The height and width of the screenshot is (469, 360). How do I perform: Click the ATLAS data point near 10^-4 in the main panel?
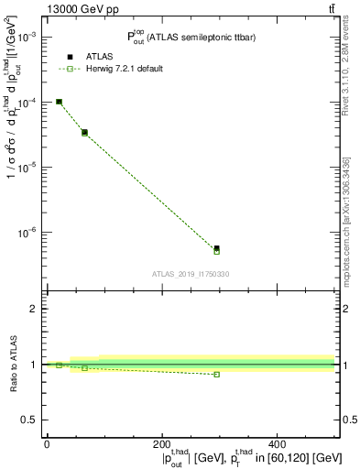tap(59, 102)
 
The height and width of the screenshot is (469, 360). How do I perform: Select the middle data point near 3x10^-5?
tap(84, 133)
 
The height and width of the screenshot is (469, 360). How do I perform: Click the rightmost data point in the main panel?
tap(216, 248)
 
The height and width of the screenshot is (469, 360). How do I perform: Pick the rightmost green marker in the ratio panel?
tap(216, 374)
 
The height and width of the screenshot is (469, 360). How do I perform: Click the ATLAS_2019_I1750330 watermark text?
tap(191, 274)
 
